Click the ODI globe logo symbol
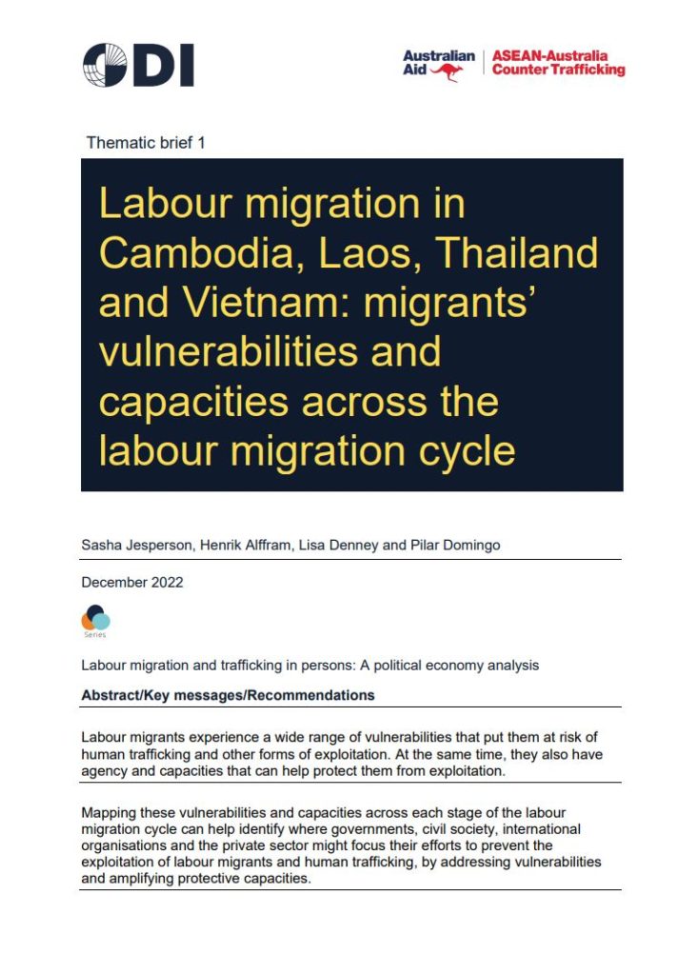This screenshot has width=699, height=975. [x=105, y=66]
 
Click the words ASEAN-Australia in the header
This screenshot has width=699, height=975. [x=549, y=56]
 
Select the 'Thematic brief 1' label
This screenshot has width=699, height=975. [x=146, y=143]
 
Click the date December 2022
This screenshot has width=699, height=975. [x=132, y=582]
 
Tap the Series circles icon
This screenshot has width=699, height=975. [x=95, y=619]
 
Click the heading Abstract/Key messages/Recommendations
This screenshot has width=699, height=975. [x=228, y=695]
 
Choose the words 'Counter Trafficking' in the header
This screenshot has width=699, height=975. [x=558, y=70]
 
